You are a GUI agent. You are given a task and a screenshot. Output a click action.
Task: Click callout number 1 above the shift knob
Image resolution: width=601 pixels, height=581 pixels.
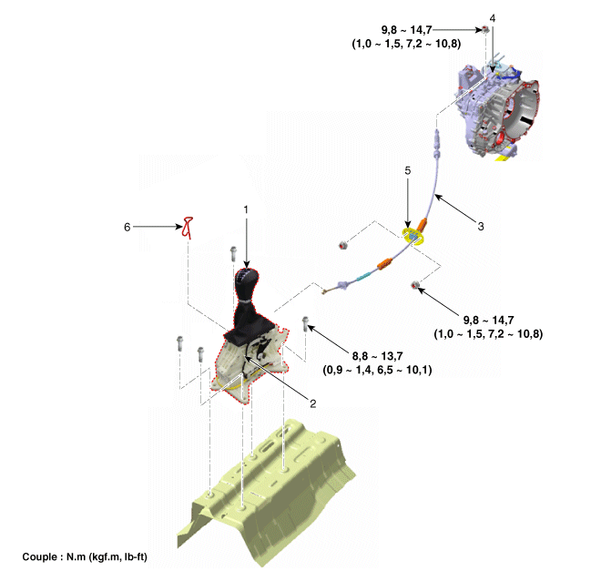(x=246, y=209)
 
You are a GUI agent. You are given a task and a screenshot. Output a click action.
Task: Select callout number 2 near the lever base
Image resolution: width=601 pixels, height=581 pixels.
(x=312, y=403)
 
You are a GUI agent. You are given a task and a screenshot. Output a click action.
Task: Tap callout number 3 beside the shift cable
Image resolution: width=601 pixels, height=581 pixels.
(x=481, y=226)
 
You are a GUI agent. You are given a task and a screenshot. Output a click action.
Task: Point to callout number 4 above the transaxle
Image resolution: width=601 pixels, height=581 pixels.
(x=493, y=18)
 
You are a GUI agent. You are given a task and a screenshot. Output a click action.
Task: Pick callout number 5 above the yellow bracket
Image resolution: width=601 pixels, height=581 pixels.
(x=407, y=170)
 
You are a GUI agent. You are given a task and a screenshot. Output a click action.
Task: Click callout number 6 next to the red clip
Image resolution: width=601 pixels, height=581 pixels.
(x=127, y=227)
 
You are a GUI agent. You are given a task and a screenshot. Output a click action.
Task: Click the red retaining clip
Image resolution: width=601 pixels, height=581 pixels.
(x=188, y=228)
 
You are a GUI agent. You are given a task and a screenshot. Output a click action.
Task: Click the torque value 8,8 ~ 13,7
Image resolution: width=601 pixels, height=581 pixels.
(x=378, y=356)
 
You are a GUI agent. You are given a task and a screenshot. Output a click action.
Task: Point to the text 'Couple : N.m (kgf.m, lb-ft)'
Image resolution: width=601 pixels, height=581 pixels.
(x=85, y=556)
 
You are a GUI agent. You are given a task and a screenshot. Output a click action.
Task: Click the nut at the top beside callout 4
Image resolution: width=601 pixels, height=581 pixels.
(x=484, y=29)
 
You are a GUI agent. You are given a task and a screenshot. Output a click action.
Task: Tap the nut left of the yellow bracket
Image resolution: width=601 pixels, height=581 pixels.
(x=342, y=245)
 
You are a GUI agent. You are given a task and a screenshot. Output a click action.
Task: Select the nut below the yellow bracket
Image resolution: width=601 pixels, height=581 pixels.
(x=414, y=285)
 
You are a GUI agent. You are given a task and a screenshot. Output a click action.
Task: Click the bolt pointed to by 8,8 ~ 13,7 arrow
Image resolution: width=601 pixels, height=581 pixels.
(x=305, y=324)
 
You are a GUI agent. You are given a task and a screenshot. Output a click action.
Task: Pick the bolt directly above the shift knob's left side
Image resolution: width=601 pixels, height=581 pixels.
(x=233, y=254)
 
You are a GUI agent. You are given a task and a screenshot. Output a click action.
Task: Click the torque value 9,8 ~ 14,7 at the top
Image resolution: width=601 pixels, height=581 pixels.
(x=406, y=29)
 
